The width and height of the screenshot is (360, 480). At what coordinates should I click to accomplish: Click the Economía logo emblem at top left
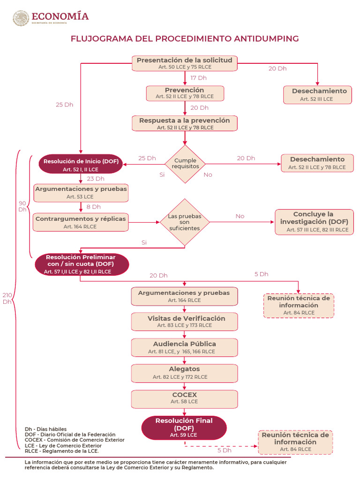point(21,19)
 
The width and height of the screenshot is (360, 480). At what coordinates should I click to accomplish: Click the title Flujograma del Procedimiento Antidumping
point(184,38)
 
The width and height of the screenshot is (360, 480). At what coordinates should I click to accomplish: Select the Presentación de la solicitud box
point(185,63)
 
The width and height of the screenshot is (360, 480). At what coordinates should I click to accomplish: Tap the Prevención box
point(185,93)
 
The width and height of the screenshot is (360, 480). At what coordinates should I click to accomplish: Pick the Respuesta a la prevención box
point(185,123)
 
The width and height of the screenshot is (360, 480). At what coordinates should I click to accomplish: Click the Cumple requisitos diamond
point(185,164)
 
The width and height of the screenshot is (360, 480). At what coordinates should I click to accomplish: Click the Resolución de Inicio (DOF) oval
point(81,165)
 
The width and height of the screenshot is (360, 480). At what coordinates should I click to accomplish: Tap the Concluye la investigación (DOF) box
point(314,222)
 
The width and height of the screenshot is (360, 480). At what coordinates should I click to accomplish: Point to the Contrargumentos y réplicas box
point(81,222)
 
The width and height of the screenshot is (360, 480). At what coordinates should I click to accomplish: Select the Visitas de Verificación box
point(185,322)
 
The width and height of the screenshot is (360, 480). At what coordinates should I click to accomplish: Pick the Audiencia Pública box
point(185,347)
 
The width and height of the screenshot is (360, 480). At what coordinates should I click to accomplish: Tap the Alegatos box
point(185,373)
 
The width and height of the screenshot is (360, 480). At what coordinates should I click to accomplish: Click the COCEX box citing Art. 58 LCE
point(185,398)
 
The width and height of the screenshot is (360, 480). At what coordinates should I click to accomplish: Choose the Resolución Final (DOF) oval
point(184,427)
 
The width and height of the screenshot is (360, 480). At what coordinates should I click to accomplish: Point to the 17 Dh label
point(199,78)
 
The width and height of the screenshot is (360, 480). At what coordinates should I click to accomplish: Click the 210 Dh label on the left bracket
point(7,298)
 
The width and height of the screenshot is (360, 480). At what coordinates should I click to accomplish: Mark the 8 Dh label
point(93,207)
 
